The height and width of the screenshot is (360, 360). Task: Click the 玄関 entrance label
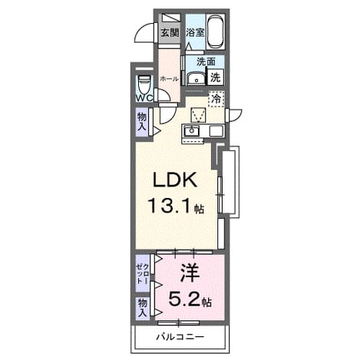coord(170,33)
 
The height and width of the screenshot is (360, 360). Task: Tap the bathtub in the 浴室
coord(215,31)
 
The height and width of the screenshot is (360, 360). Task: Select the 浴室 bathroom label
coord(196,33)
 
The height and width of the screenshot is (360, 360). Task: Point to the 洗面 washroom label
coord(206,61)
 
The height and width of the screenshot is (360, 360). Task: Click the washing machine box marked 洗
coord(216,78)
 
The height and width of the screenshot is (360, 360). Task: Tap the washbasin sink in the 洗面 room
coord(196,78)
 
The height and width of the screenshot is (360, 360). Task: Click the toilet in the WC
coord(144,84)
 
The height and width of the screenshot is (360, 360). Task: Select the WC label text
coord(144,98)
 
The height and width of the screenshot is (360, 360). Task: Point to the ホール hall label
coord(169,79)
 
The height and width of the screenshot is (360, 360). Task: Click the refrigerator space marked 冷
coord(216,98)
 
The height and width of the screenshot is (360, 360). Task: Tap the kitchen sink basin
coord(191,131)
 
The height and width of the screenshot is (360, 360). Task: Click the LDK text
coord(175,180)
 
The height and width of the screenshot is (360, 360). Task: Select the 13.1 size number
coord(170,206)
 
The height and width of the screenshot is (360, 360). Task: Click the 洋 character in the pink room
coord(190,273)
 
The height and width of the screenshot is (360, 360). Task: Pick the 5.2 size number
coord(183,299)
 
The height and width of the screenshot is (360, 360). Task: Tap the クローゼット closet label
coord(142,273)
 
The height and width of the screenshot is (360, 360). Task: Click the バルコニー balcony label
coord(180,337)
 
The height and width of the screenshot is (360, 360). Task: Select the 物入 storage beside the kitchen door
coord(142,122)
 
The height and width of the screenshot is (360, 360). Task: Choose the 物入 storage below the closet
coord(143,308)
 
